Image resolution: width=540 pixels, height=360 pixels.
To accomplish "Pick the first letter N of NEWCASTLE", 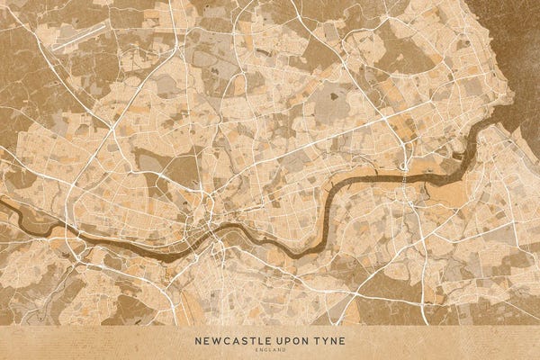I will (x=197, y=340).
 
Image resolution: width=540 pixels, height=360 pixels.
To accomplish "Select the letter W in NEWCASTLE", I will (x=216, y=340).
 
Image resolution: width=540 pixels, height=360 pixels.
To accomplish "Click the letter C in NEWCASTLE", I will (x=226, y=340).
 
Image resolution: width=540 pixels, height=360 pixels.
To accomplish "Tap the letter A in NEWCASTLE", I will (x=235, y=340).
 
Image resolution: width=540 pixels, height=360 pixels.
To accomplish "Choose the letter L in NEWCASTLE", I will (x=258, y=340).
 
